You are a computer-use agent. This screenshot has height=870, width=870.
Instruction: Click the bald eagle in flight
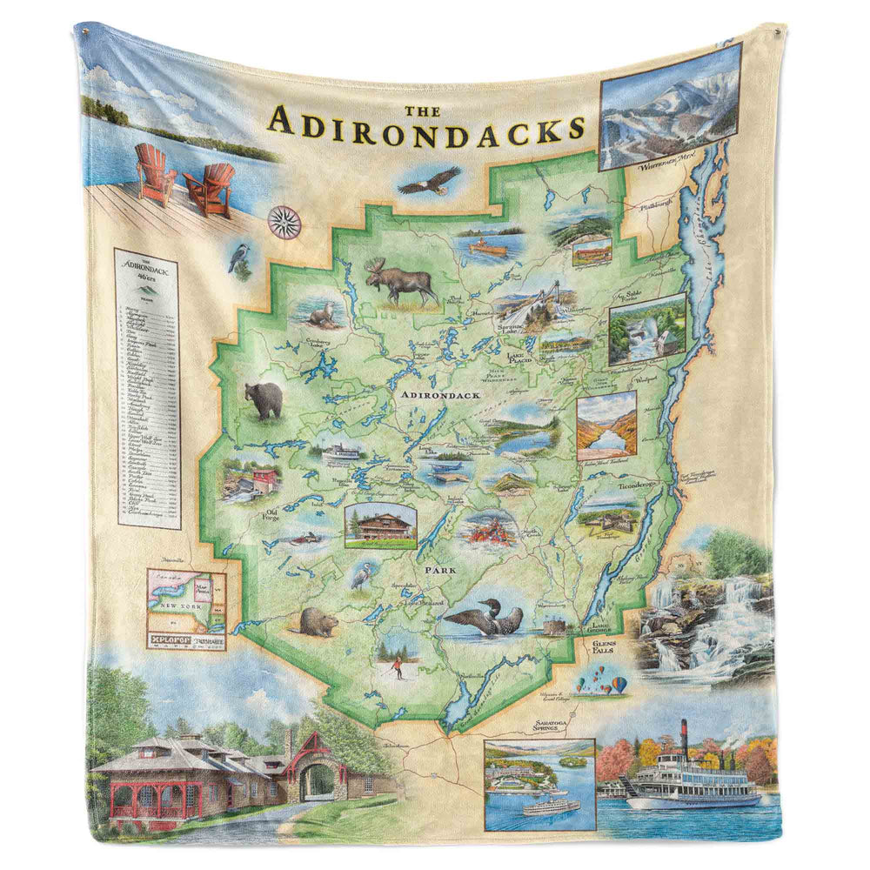[429, 181]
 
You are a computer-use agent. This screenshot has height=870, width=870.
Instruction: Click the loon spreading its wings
[484, 619]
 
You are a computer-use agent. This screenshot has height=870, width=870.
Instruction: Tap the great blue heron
[360, 577]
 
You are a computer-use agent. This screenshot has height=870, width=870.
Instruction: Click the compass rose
[284, 223]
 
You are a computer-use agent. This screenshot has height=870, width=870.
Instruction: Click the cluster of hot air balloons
[602, 680]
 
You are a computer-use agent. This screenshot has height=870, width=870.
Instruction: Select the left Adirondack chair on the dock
[155, 173]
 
